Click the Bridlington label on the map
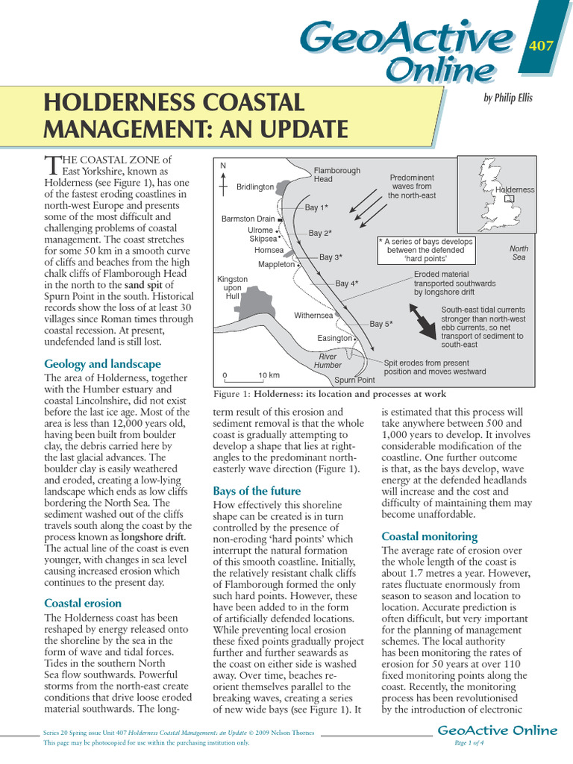[255, 187]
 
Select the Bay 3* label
[331, 257]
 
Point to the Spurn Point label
[354, 380]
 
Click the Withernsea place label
[313, 316]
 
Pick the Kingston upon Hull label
[233, 287]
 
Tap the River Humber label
[328, 360]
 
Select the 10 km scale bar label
[269, 375]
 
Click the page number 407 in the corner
[540, 46]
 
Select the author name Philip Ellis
[509, 98]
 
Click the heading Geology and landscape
[102, 364]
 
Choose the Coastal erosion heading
[83, 603]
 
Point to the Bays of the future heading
[257, 491]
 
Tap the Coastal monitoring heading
[428, 536]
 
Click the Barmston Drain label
[248, 219]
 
